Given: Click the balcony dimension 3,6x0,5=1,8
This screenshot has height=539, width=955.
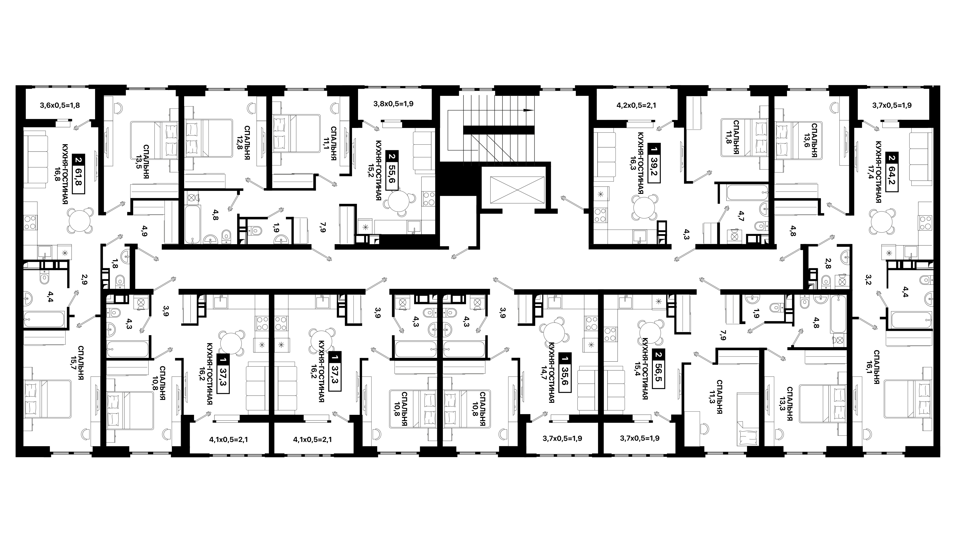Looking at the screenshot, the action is pyautogui.click(x=60, y=105).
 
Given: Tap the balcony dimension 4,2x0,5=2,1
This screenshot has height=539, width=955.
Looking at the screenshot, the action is pyautogui.click(x=636, y=105).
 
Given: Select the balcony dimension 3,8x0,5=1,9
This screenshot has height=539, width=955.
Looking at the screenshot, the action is pyautogui.click(x=393, y=104).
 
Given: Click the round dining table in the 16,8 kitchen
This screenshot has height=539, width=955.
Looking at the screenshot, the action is pyautogui.click(x=80, y=220).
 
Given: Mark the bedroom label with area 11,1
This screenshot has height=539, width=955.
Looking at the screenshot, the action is pyautogui.click(x=331, y=143).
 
